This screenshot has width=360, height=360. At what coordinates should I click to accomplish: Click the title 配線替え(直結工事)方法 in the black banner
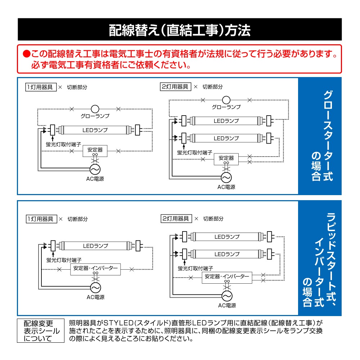pyautogui.click(x=180, y=30)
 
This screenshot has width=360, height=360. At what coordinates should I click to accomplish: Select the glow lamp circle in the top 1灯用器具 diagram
pyautogui.click(x=95, y=108)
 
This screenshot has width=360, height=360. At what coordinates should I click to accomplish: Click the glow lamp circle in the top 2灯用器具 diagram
pyautogui.click(x=226, y=100)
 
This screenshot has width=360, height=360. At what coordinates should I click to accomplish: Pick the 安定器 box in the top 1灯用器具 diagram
pyautogui.click(x=95, y=150)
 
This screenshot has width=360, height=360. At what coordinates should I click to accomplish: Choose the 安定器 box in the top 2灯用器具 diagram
pyautogui.click(x=226, y=158)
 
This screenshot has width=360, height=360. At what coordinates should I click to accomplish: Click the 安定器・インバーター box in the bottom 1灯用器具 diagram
pyautogui.click(x=95, y=269)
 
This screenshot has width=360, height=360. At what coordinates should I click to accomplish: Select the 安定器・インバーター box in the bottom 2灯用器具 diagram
pyautogui.click(x=227, y=277)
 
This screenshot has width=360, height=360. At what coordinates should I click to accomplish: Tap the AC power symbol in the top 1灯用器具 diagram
pyautogui.click(x=95, y=169)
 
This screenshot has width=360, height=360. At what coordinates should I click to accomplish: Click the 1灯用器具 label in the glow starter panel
pyautogui.click(x=41, y=87)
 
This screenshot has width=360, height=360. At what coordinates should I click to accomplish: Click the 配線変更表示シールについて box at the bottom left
pyautogui.click(x=40, y=331)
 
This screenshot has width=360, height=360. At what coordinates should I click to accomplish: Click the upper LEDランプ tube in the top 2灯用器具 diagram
pyautogui.click(x=226, y=121)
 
